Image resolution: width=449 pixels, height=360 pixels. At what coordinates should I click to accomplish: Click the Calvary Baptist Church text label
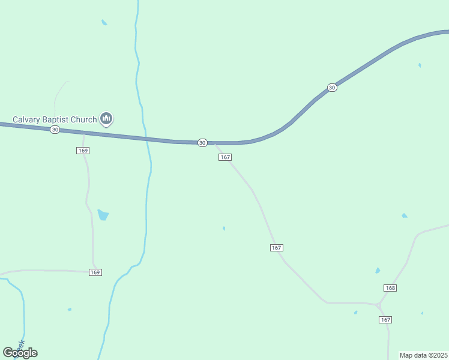tap(55, 119)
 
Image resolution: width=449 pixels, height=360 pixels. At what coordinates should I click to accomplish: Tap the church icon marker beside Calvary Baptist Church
tap(106, 119)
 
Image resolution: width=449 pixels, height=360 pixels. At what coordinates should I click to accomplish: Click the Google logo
tap(20, 353)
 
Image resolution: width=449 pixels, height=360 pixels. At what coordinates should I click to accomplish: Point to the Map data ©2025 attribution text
tap(423, 355)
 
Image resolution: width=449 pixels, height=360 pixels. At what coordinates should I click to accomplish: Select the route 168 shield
tap(390, 288)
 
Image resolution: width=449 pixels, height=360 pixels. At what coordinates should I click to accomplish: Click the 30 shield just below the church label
tap(55, 130)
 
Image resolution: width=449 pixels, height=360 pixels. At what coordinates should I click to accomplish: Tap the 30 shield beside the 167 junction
tap(202, 143)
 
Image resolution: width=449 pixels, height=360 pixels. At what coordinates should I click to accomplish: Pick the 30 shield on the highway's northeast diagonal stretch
tap(332, 88)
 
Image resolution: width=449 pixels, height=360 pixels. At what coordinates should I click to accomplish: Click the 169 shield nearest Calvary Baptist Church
tap(83, 150)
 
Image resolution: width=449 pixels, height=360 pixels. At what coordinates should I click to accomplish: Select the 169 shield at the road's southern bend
tap(95, 272)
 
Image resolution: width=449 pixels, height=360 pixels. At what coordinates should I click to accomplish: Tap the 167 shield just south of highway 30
tap(224, 157)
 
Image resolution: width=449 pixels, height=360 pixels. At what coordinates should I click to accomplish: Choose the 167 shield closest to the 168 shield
tap(385, 320)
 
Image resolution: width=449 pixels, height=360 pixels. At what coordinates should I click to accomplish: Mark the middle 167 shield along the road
tap(276, 248)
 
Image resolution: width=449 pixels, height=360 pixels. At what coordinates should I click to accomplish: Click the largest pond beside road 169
tap(103, 214)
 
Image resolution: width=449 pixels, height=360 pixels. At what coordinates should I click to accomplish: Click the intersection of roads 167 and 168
tap(378, 305)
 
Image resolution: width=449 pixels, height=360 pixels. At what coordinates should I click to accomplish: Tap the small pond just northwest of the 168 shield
tap(377, 271)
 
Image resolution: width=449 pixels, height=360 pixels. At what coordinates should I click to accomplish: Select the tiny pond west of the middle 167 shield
tap(224, 228)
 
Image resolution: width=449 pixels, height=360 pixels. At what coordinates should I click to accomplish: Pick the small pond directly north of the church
tap(104, 23)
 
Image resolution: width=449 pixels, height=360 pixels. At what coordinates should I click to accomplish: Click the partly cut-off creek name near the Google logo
tap(21, 345)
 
